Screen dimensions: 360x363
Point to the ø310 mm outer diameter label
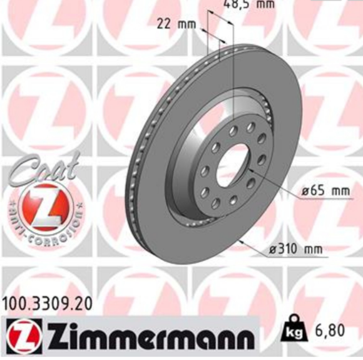295,250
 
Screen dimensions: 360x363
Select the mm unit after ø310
314,250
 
